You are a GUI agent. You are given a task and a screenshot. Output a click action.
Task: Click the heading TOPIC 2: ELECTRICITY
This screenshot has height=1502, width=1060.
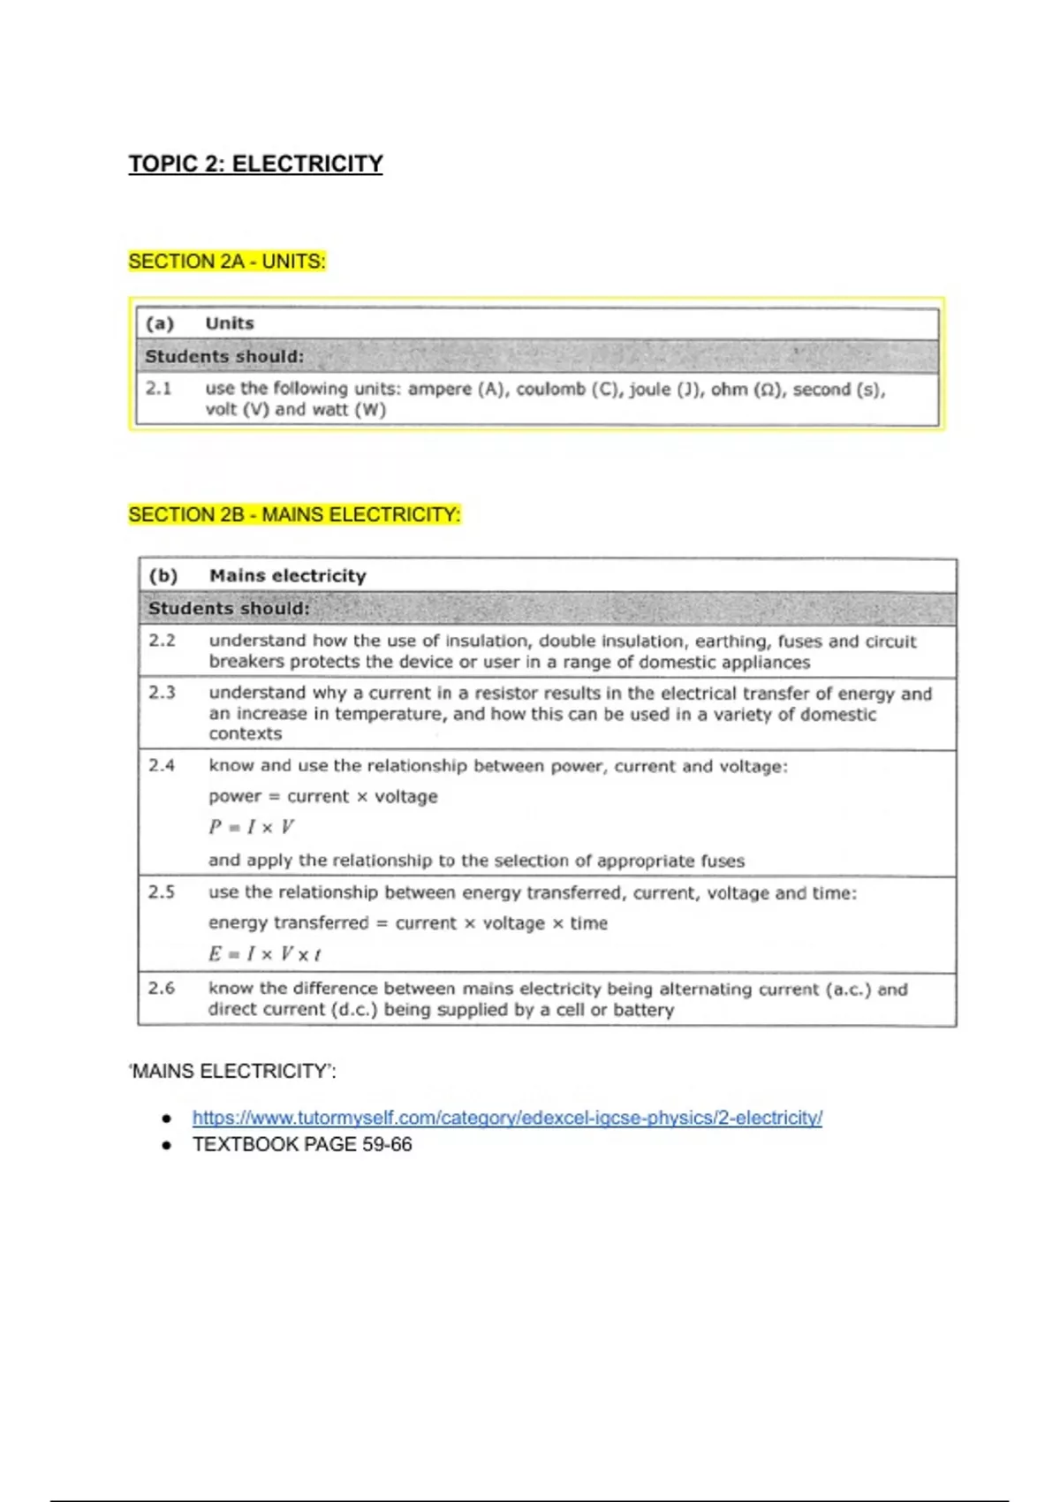[255, 164]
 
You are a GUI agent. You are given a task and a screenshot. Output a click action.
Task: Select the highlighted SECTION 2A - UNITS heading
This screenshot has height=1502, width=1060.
[227, 262]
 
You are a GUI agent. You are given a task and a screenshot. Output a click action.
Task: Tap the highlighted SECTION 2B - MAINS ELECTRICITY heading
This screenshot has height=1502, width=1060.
[294, 514]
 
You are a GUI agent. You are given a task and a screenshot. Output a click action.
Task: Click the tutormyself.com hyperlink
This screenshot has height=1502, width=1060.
[507, 1118]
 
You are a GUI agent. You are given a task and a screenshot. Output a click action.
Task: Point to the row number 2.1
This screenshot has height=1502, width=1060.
[159, 388]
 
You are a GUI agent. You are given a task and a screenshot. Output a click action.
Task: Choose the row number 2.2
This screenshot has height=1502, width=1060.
[162, 641]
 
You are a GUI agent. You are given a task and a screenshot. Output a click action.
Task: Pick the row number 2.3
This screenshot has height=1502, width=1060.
[162, 693]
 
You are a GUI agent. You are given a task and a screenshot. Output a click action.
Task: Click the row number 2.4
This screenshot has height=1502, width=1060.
[162, 765]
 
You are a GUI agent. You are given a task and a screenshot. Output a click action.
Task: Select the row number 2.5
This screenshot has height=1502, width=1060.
[162, 892]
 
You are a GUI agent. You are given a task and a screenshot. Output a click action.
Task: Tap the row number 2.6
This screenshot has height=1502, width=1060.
[162, 988]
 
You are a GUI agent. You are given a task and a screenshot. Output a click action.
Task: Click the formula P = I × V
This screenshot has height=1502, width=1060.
[252, 827]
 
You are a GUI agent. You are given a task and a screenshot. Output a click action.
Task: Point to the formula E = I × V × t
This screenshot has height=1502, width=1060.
[264, 954]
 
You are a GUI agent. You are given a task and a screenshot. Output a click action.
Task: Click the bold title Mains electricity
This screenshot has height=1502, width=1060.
[287, 576]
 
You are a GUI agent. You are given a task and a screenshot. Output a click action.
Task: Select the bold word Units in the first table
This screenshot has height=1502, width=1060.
[230, 323]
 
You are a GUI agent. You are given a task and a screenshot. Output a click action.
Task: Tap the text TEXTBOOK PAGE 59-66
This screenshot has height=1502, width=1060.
[302, 1144]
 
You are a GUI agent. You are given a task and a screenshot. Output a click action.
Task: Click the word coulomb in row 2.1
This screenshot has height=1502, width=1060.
[551, 389]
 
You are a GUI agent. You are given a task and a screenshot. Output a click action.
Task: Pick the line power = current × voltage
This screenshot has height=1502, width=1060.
[322, 797]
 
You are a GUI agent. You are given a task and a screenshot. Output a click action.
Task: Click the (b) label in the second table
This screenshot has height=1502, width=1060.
[163, 576]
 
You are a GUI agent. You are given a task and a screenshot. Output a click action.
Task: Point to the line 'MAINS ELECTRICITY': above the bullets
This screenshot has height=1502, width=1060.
[232, 1072]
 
